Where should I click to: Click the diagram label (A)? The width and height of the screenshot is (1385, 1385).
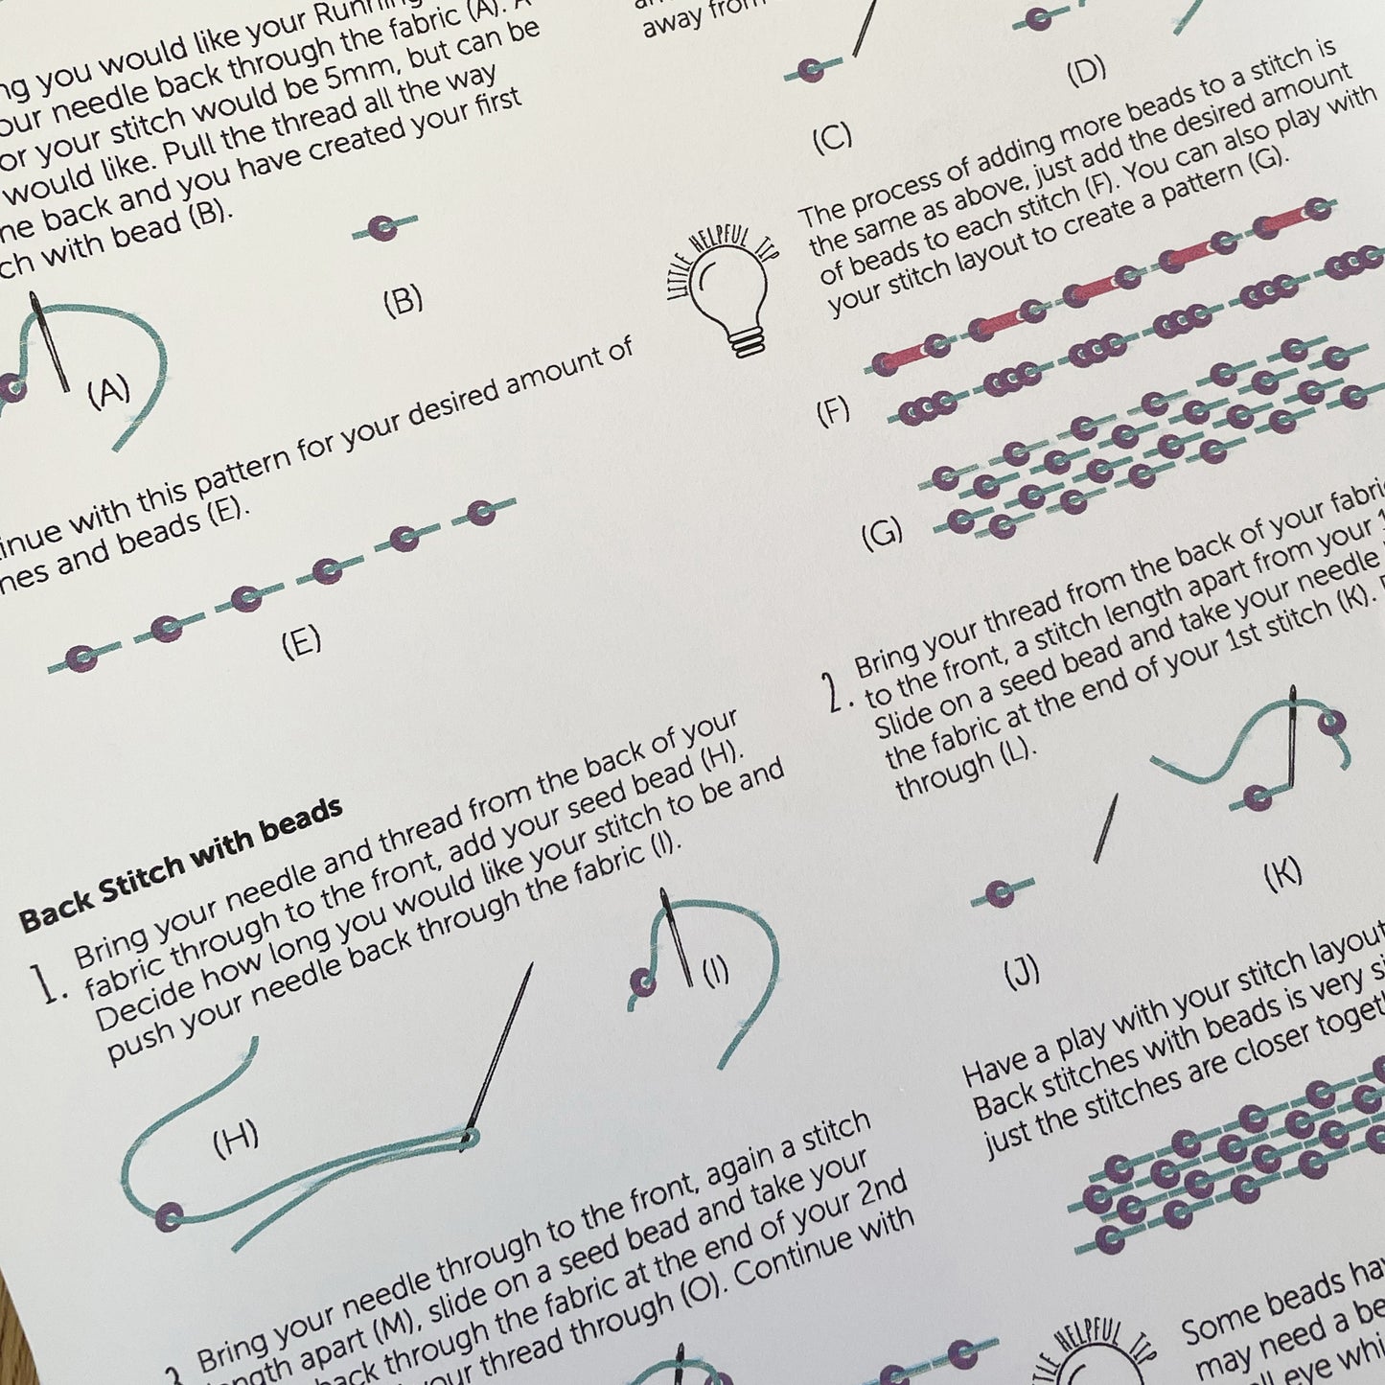pos(108,392)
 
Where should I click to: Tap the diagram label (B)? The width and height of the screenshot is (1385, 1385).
pos(403,302)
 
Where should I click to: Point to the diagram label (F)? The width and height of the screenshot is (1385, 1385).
pos(833,412)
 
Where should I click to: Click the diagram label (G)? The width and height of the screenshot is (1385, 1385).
pos(882,533)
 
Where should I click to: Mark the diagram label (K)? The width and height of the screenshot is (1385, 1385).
pos(1282,872)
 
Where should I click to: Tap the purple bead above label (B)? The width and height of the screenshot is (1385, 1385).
pos(385,228)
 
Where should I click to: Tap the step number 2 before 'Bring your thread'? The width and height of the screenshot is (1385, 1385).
pos(837,692)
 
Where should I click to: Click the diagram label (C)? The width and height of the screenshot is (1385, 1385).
pos(832,139)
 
